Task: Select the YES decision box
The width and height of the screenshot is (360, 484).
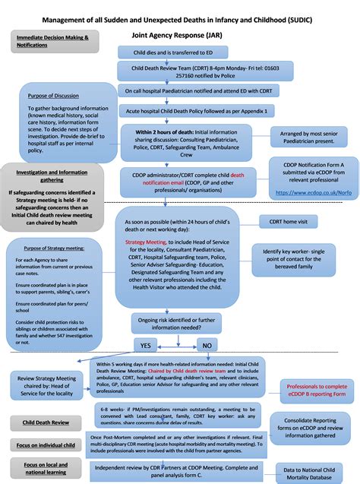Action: (x=145, y=344)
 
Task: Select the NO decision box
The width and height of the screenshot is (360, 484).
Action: (x=207, y=344)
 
